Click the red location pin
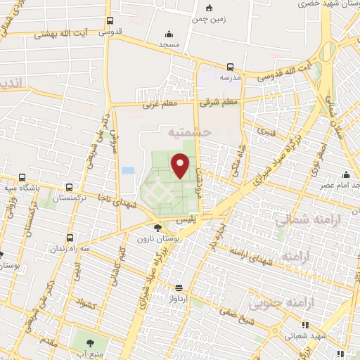[181, 165]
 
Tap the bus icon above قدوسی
[109, 21]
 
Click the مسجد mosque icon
[168, 33]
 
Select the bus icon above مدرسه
[227, 67]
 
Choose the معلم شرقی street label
[218, 103]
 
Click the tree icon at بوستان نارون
[157, 227]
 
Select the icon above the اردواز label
[179, 287]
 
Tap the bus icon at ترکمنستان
[68, 187]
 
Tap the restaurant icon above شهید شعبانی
[305, 325]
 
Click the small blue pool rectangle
[127, 170]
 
